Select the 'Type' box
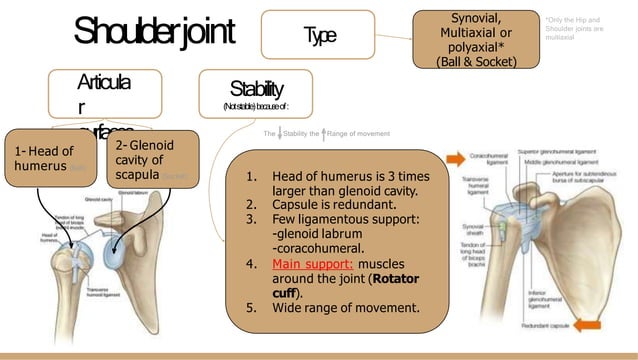(318, 35)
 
